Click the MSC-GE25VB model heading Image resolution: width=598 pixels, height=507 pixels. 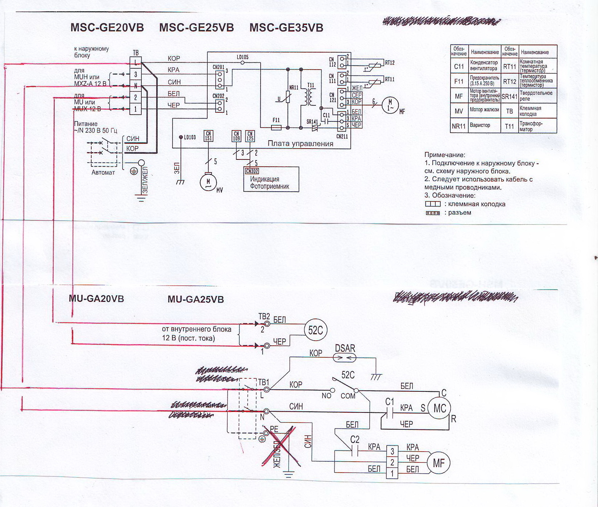(x=196, y=28)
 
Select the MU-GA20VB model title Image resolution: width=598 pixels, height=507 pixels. (x=96, y=299)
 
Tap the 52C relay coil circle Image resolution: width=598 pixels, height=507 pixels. (x=315, y=330)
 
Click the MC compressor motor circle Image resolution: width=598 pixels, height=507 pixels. (x=439, y=408)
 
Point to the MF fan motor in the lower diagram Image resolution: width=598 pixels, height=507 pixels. (x=438, y=463)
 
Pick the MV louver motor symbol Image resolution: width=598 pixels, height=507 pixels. (x=208, y=182)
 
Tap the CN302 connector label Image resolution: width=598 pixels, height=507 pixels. (x=252, y=171)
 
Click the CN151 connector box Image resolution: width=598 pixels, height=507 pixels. (x=208, y=136)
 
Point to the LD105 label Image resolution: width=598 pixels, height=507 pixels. (x=242, y=57)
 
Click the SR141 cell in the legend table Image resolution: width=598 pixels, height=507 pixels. (x=509, y=96)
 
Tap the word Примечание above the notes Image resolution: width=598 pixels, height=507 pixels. (x=445, y=155)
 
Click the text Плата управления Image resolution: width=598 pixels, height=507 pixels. (x=300, y=144)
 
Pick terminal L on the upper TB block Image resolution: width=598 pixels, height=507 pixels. (x=136, y=63)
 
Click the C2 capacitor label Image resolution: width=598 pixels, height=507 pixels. (x=355, y=440)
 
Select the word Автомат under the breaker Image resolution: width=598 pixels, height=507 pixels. (x=103, y=173)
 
